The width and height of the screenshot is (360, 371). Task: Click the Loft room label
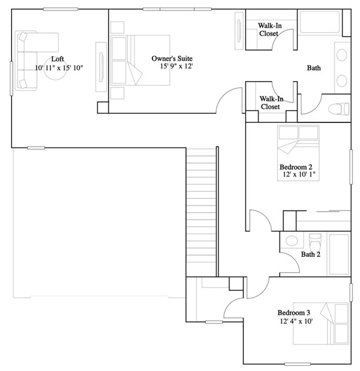pyautogui.click(x=57, y=59)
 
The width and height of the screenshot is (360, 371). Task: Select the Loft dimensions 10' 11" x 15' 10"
pyautogui.click(x=59, y=68)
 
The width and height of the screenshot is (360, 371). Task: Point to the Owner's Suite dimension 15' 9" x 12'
pyautogui.click(x=180, y=67)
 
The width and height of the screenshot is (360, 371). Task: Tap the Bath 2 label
pyautogui.click(x=309, y=254)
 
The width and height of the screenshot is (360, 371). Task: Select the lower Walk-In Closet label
pyautogui.click(x=270, y=103)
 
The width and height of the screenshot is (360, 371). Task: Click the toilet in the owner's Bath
pyautogui.click(x=338, y=108)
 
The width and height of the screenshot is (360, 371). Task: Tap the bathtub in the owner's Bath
pyautogui.click(x=320, y=23)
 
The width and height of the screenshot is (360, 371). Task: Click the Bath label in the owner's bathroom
pyautogui.click(x=314, y=68)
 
